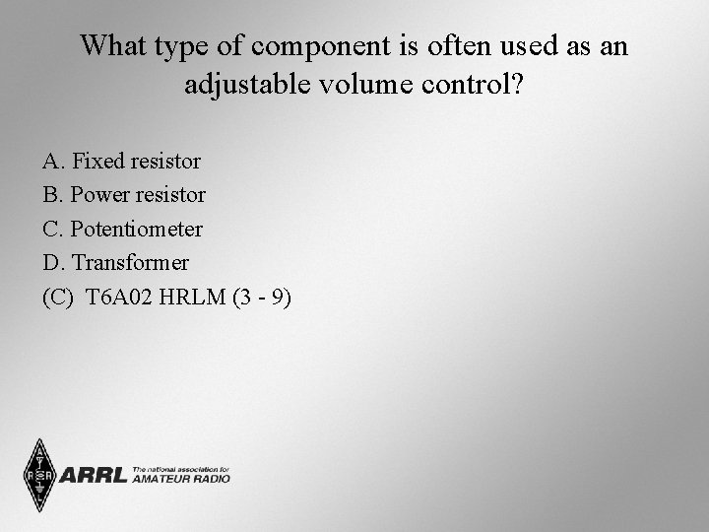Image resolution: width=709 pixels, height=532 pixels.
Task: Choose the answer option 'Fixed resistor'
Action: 137,161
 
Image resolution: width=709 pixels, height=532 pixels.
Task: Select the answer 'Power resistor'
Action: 138,195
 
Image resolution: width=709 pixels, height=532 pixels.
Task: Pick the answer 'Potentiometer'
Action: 137,230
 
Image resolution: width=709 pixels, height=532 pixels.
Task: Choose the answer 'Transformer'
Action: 131,263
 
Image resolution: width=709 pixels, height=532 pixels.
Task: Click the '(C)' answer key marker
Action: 58,298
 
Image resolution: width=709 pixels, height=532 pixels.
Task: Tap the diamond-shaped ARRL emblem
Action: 39,475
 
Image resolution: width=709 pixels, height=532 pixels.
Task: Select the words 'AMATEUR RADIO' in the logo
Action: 180,479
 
